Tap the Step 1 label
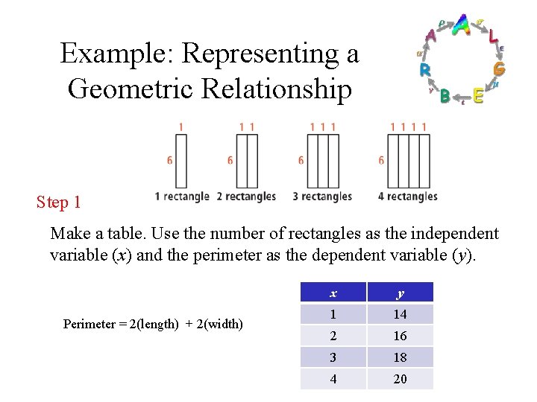tap(58, 202)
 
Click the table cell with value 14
tap(400, 314)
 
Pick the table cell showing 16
tap(400, 336)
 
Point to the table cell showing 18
tap(400, 357)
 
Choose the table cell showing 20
tap(400, 379)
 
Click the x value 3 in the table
tap(333, 357)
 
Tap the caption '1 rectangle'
tap(182, 197)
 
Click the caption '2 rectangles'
tap(246, 197)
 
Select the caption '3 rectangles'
tap(322, 197)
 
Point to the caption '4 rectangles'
tap(408, 197)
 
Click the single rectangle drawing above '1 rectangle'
tap(181, 160)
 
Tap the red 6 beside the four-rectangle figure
tap(381, 160)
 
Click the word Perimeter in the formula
tap(89, 324)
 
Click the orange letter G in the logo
tap(499, 68)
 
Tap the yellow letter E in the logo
tap(478, 96)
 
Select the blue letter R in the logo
tap(424, 70)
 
